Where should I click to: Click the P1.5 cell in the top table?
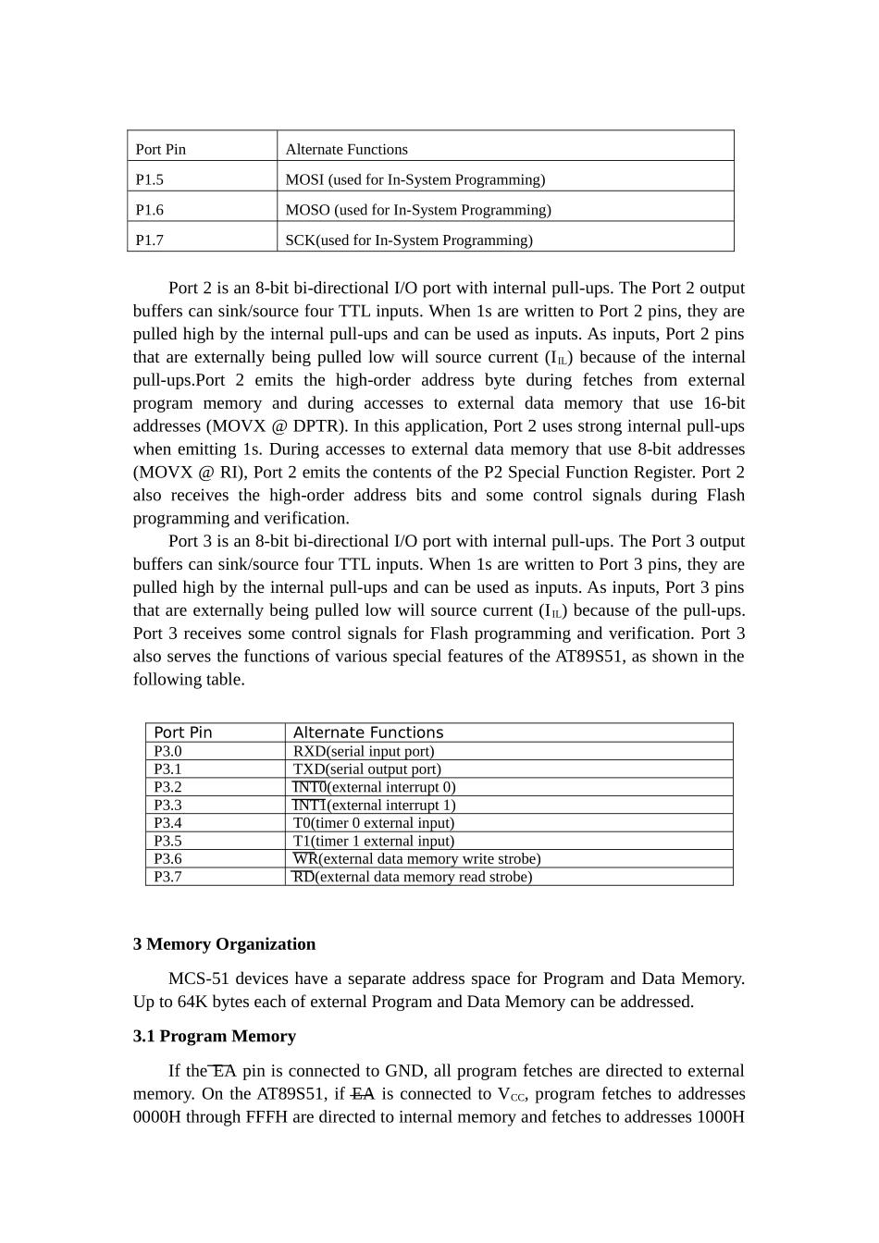[150, 179]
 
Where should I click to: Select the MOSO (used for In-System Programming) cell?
[418, 210]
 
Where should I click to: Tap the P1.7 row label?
[150, 240]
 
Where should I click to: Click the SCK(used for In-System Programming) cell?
[409, 240]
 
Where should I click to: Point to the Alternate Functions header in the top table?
[346, 149]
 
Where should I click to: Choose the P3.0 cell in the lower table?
[168, 751]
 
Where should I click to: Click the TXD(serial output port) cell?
[367, 769]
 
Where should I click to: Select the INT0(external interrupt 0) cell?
[374, 787]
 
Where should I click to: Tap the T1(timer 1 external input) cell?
[374, 841]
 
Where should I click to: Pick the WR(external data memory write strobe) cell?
[416, 859]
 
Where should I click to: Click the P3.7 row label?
[168, 877]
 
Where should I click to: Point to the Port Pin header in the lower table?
[183, 732]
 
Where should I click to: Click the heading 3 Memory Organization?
[224, 944]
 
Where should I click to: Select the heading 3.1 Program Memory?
[215, 1036]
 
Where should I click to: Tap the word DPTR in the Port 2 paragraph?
[319, 426]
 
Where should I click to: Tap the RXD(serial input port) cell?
[364, 751]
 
